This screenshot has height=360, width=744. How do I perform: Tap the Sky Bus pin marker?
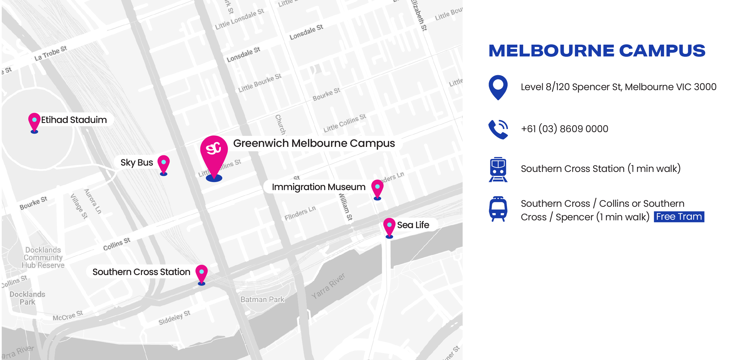[164, 164]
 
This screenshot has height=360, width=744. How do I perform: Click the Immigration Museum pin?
[377, 188]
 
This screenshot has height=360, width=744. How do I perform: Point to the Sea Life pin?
[389, 226]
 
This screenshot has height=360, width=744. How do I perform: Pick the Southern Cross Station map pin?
[201, 273]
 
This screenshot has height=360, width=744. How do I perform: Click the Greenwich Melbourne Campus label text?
[314, 143]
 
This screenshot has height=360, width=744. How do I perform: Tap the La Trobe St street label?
[51, 53]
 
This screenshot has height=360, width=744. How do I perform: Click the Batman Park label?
[262, 299]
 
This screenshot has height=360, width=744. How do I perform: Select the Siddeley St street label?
[174, 318]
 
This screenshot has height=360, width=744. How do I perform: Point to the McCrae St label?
[68, 316]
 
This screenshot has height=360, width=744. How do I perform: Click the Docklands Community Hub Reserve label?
[43, 257]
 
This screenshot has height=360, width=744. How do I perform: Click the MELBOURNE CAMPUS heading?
[597, 51]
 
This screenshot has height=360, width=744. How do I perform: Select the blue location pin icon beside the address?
[498, 87]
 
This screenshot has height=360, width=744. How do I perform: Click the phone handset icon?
[498, 129]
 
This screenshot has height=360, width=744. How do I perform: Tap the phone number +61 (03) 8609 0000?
[564, 129]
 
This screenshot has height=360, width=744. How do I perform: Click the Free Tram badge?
[679, 217]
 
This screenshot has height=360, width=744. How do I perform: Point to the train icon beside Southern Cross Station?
[498, 169]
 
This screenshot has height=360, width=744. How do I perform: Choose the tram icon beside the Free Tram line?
[498, 209]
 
